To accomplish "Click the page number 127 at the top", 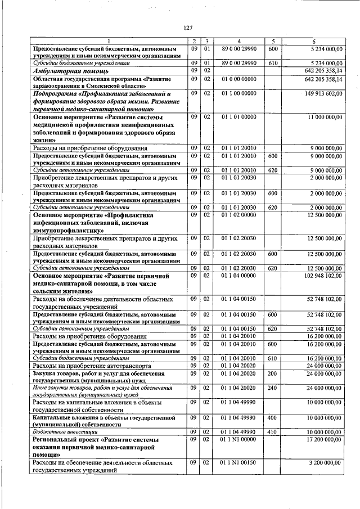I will click(188, 29).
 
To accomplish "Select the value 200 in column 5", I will click(273, 373).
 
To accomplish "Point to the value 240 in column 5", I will click(273, 388).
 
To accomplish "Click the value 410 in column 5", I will click(273, 431).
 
